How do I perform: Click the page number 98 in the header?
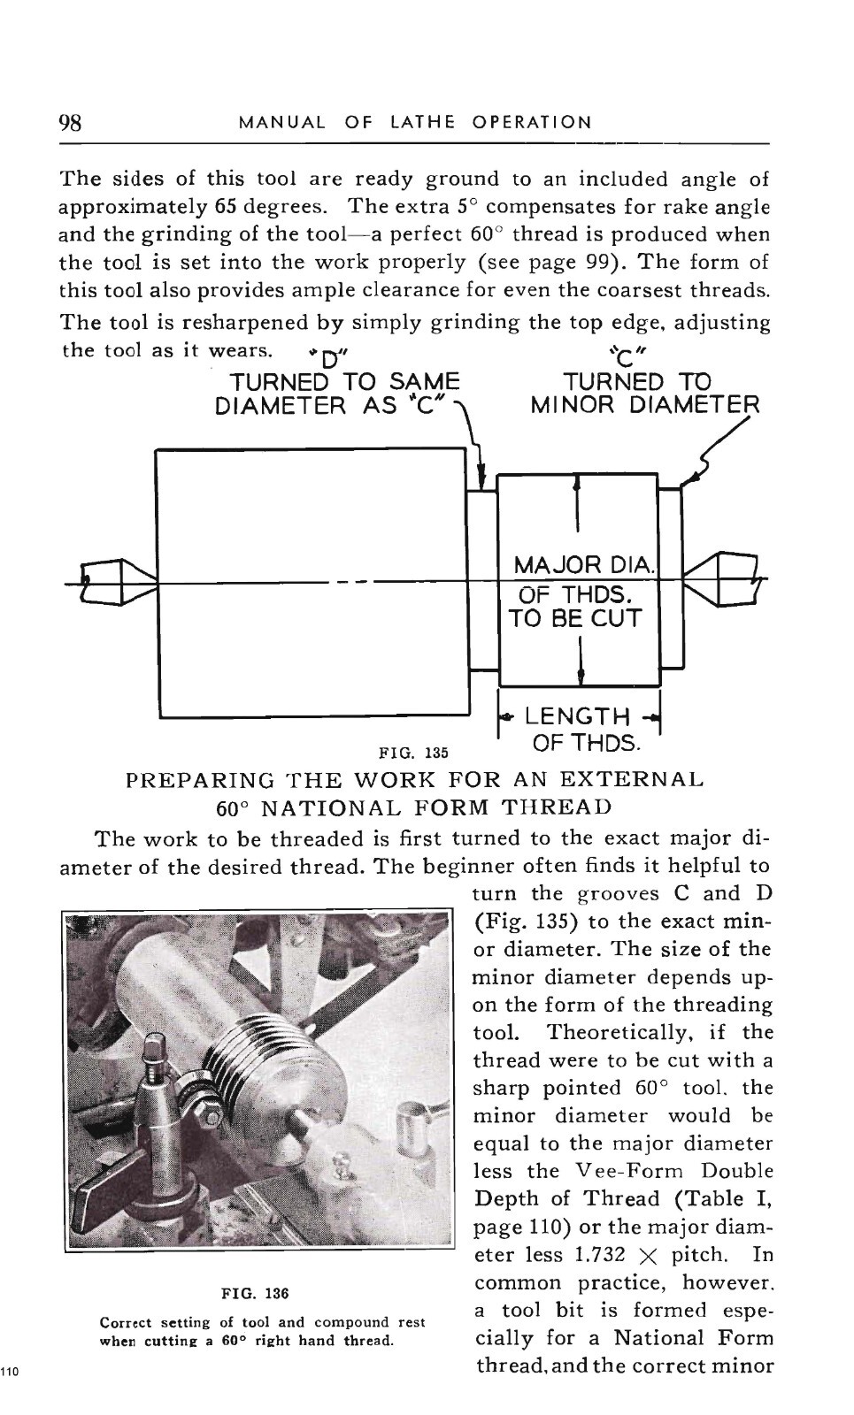coord(70,122)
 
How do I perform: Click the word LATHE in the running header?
coord(422,122)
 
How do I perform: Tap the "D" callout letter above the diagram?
coord(327,359)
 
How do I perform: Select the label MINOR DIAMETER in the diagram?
coord(644,405)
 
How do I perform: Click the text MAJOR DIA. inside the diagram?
coord(584,564)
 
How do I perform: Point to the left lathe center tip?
coord(156,582)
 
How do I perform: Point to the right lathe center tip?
coord(685,578)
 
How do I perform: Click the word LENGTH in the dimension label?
coord(577,716)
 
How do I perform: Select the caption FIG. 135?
coord(413,753)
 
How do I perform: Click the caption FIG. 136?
coord(256,1293)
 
